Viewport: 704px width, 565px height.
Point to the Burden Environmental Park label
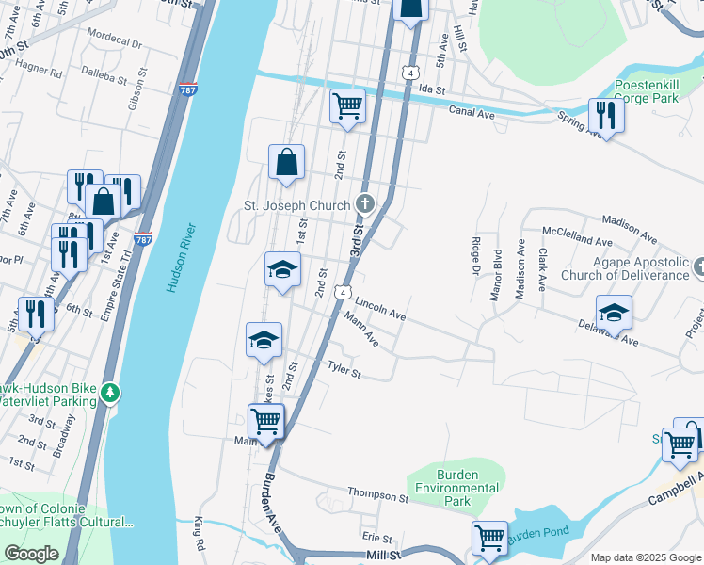(x=457, y=488)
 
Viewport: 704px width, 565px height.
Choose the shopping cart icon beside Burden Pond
(x=489, y=539)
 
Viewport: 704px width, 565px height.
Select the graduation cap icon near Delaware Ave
(x=614, y=311)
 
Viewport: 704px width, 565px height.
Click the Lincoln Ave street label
(x=380, y=308)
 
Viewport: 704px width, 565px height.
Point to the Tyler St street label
(x=344, y=369)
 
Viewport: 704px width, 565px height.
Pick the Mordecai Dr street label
(x=113, y=44)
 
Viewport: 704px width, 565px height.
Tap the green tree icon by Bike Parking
(x=111, y=391)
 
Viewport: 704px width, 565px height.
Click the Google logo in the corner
(x=32, y=554)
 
